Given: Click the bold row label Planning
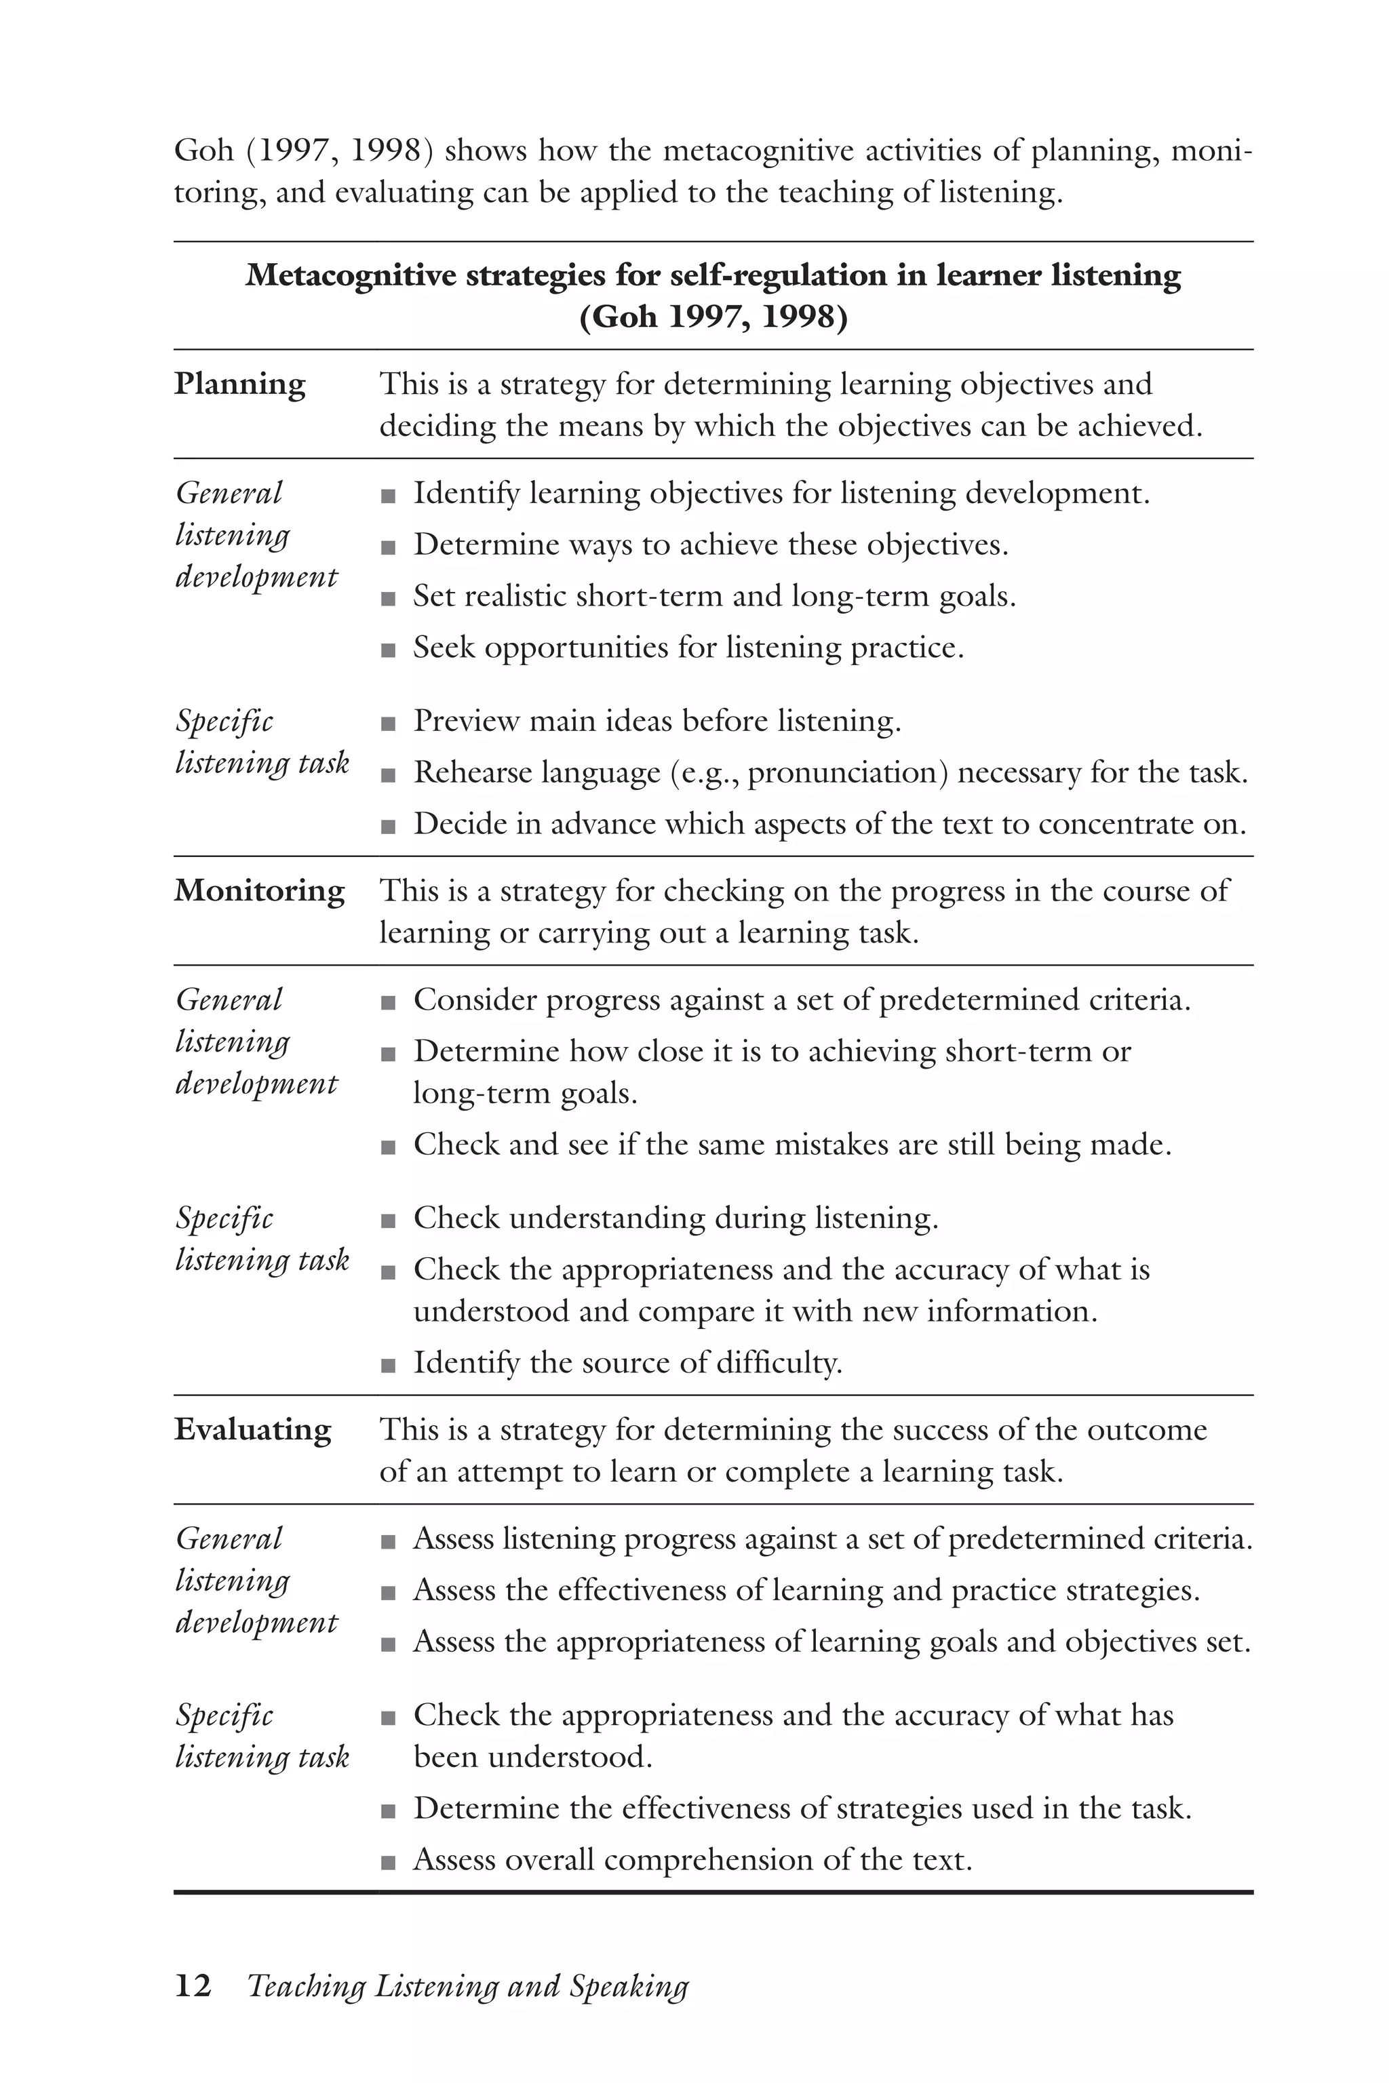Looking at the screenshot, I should click(x=239, y=384).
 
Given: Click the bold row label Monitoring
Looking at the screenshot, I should click(x=258, y=891).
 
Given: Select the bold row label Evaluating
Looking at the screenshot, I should click(x=252, y=1429).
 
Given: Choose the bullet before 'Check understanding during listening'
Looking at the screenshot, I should click(x=387, y=1221).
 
